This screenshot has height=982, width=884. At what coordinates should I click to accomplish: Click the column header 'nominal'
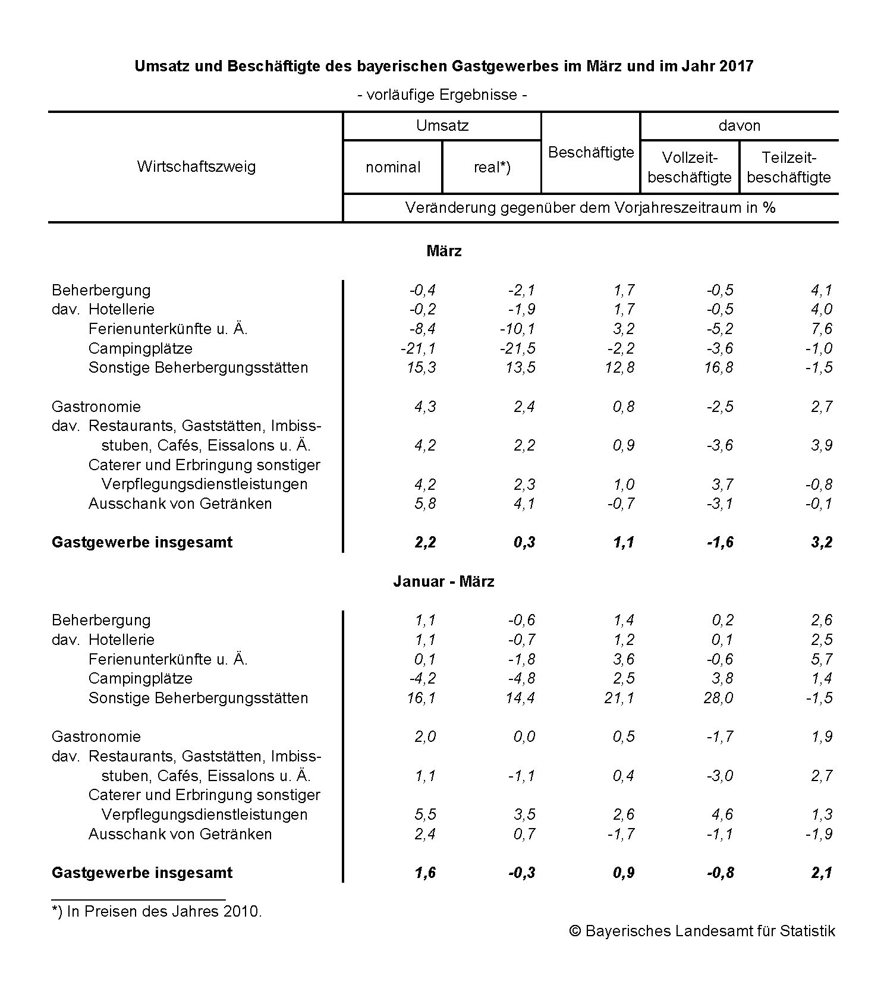point(393,167)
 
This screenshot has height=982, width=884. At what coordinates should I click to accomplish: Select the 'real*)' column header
point(492,167)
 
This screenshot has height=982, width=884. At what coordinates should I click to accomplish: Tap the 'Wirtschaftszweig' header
point(196,166)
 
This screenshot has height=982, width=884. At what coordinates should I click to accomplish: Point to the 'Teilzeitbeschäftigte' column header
point(789,167)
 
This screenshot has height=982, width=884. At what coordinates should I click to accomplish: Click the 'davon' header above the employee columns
point(739,125)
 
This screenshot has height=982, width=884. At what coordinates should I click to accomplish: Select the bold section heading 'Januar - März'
point(443,581)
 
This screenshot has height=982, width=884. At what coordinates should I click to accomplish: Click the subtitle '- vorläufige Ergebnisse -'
point(442,95)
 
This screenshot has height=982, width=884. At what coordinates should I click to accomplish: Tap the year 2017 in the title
point(736,66)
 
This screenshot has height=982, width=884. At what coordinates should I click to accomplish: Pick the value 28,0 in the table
point(719,697)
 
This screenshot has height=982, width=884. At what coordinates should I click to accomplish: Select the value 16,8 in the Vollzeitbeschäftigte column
point(719,367)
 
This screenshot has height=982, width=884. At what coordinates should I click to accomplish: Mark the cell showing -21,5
point(518,348)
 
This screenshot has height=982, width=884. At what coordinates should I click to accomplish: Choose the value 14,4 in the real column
point(521,697)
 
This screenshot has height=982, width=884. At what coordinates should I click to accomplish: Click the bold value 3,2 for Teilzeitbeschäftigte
point(822,542)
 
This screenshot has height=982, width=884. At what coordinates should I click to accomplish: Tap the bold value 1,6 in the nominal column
point(426,872)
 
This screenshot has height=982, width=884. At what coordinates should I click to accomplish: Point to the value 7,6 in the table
point(822,329)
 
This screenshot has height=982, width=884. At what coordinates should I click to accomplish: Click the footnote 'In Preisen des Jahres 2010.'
point(163,911)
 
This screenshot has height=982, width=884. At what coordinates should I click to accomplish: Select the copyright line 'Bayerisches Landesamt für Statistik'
point(710,931)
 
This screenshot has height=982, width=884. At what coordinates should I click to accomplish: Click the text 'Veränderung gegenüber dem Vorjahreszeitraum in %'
point(590,207)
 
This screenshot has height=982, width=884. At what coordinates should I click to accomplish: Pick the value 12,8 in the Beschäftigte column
point(619,367)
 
